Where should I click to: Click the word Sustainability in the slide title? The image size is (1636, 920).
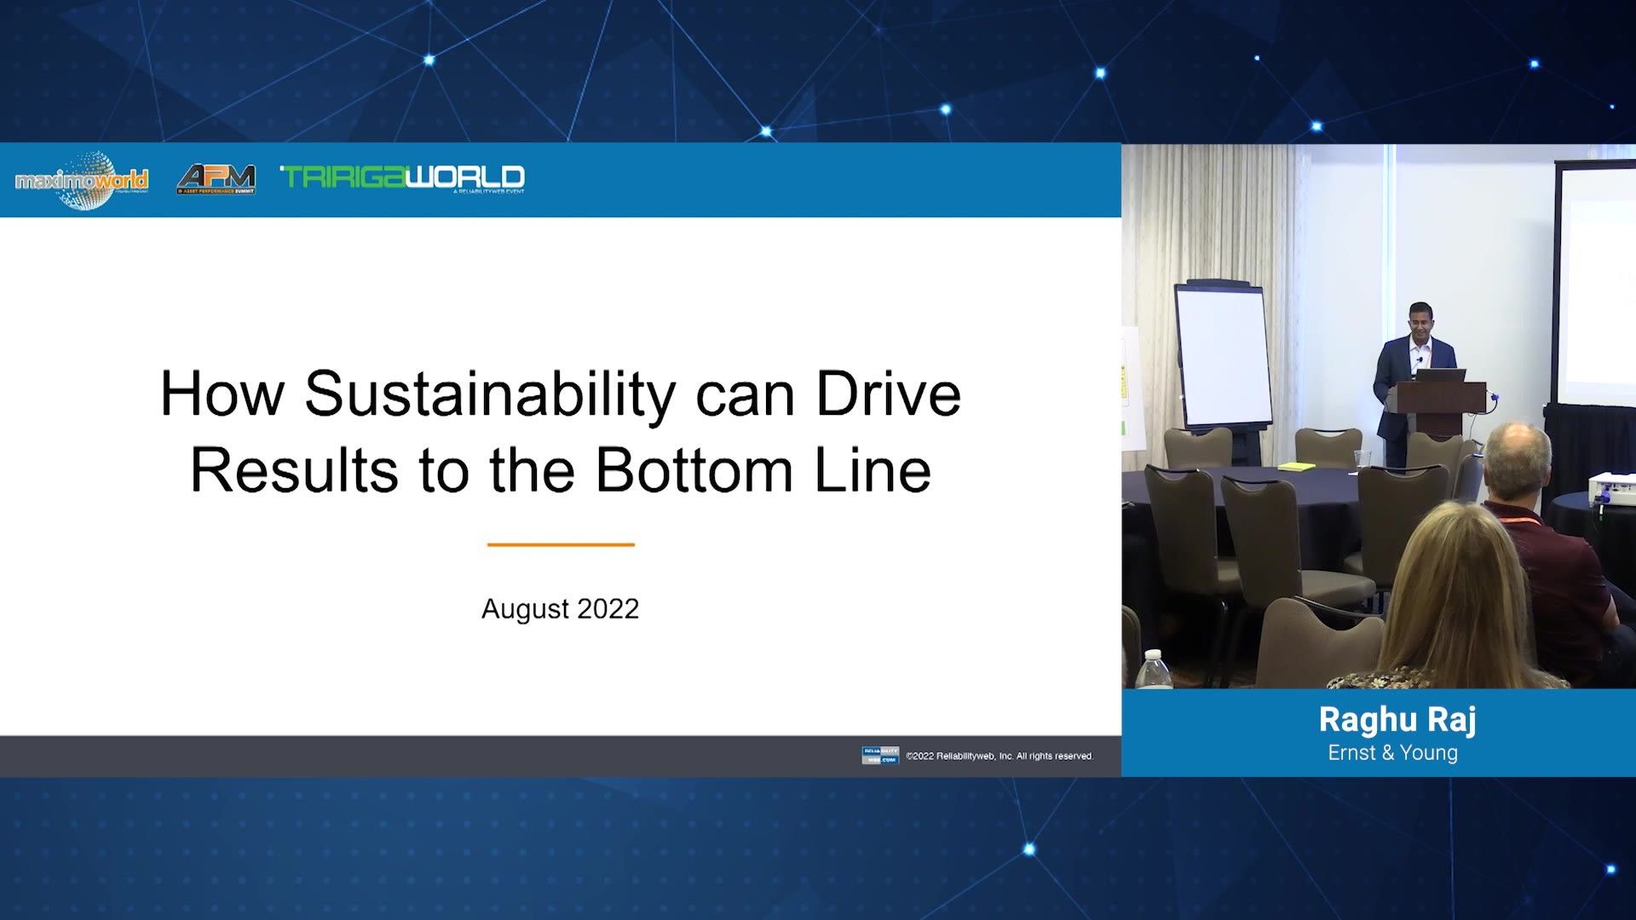pyautogui.click(x=489, y=394)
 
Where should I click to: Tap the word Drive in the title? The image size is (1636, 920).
pyautogui.click(x=888, y=394)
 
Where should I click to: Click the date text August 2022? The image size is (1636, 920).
pyautogui.click(x=560, y=609)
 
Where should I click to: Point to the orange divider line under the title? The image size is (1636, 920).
pyautogui.click(x=561, y=544)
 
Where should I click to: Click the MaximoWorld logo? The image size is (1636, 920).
pyautogui.click(x=82, y=180)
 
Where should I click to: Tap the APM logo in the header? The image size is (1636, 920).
pyautogui.click(x=216, y=179)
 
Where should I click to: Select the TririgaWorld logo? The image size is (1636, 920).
pyautogui.click(x=402, y=177)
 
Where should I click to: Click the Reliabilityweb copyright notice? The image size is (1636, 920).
pyautogui.click(x=999, y=756)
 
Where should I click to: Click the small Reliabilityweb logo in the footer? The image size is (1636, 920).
pyautogui.click(x=879, y=756)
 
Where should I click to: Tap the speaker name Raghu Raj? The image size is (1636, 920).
pyautogui.click(x=1397, y=720)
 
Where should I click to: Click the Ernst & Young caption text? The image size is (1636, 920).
pyautogui.click(x=1392, y=753)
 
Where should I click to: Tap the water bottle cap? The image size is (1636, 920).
pyautogui.click(x=1153, y=656)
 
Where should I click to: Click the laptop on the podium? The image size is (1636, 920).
pyautogui.click(x=1445, y=375)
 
